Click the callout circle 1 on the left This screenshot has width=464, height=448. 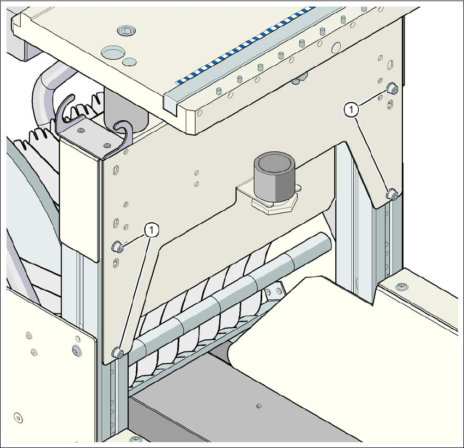(x=152, y=230)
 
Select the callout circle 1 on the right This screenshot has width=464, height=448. (x=352, y=109)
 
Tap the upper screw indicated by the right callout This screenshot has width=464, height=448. (x=391, y=89)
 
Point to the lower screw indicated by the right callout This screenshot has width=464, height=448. (x=390, y=194)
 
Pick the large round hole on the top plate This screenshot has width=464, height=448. (x=112, y=52)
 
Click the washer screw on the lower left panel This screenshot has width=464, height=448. (x=76, y=347)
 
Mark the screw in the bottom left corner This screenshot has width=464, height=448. (x=19, y=419)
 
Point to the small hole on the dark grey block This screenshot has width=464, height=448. (x=258, y=405)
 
